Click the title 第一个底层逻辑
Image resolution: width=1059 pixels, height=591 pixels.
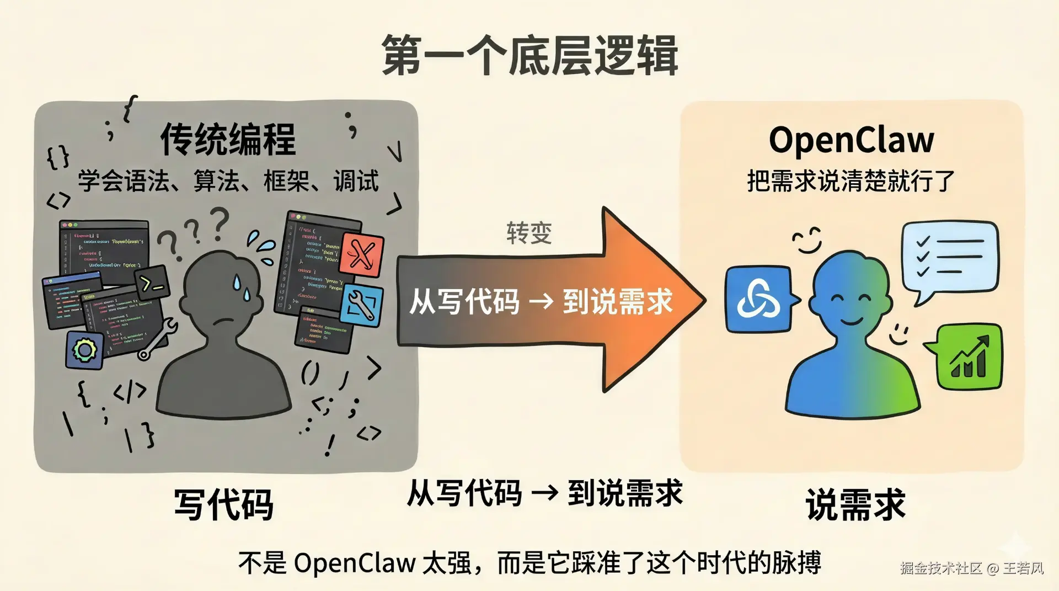pos(529,55)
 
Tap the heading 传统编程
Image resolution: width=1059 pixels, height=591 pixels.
pos(228,139)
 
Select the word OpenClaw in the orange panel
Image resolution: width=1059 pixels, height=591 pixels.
pos(851,140)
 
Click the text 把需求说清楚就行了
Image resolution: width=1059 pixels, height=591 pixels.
pos(851,181)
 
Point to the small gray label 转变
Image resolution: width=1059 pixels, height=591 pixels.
pos(529,233)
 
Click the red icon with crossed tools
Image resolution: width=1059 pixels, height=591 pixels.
pos(362,255)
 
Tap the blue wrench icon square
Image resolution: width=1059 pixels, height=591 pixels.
pos(361,305)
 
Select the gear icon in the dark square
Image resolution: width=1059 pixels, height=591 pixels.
pos(85,350)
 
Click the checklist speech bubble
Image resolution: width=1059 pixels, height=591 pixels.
pos(950,257)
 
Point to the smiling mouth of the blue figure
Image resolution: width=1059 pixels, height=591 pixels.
pos(852,321)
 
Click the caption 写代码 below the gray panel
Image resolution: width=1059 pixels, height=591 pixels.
pos(223,504)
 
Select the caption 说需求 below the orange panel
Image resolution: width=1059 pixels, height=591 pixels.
pos(855,504)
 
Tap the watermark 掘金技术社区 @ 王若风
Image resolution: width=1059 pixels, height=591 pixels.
pos(972,568)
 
